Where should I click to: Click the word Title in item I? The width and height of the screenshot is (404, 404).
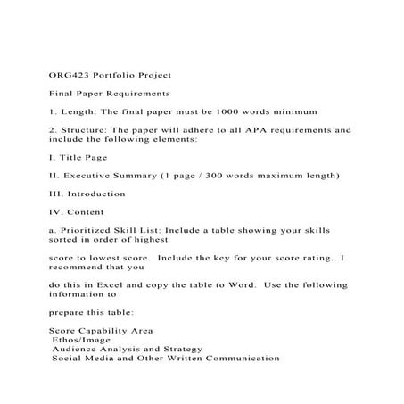coord(76,157)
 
